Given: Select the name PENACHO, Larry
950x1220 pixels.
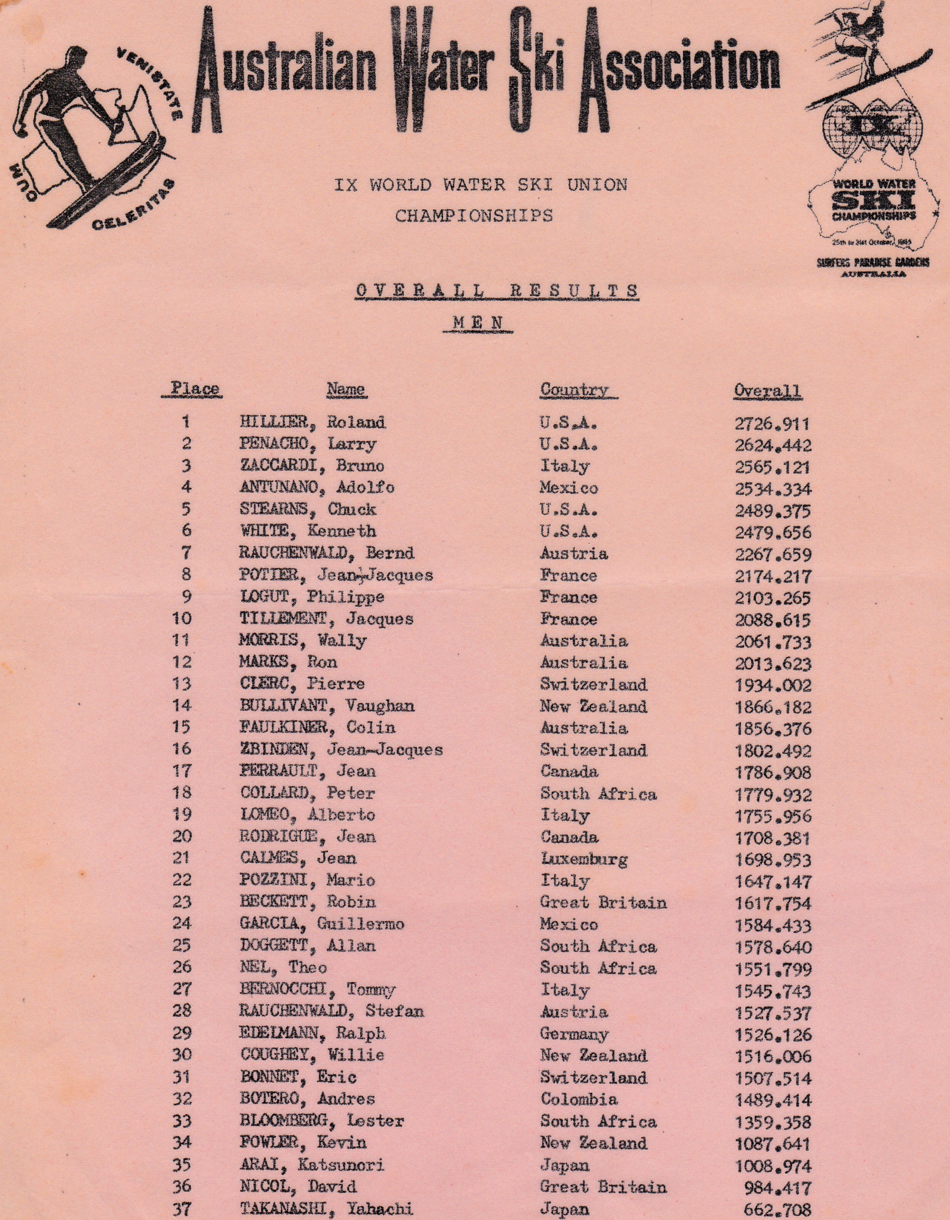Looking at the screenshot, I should (x=308, y=444).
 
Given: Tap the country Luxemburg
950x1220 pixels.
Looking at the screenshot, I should (x=583, y=859).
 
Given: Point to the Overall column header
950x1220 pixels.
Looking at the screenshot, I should (x=767, y=390).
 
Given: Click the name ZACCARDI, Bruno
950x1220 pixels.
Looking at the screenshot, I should (x=312, y=466).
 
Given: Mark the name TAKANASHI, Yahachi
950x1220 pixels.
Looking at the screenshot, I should (x=326, y=1209).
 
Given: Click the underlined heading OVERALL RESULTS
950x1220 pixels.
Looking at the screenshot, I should (x=497, y=290).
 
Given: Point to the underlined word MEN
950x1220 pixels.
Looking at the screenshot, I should (x=478, y=323).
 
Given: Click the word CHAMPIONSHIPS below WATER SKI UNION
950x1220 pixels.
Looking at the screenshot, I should (x=474, y=216).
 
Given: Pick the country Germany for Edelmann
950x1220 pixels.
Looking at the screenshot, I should (x=574, y=1034).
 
